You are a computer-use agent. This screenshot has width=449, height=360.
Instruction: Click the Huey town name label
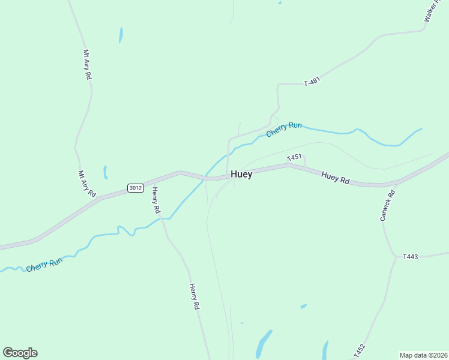pos(241,175)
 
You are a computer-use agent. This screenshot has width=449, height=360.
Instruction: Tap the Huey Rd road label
pos(336,178)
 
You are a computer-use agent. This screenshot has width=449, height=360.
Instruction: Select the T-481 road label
pos(312,82)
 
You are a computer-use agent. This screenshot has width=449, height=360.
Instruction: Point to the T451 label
pos(294,158)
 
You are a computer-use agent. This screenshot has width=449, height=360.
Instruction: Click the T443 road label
pos(411,257)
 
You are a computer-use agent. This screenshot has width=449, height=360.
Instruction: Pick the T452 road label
pos(360,350)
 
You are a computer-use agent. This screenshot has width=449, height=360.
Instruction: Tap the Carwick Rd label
pos(388,205)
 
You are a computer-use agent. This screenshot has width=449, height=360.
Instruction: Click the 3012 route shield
pos(135,188)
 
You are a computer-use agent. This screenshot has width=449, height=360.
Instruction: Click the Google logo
pos(20,353)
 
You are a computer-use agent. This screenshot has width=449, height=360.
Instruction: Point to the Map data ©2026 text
pos(423,355)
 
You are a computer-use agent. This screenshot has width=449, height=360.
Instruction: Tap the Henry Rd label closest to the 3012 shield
pos(155,200)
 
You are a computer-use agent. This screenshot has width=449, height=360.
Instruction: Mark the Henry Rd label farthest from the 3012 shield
pos(194,296)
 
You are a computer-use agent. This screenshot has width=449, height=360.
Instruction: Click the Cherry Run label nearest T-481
pos(284,128)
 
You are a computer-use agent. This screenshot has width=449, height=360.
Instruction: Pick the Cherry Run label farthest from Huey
pos(44,265)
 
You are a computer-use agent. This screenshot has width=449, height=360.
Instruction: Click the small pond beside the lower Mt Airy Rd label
pos(105,173)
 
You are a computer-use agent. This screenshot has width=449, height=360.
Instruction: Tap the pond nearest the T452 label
pos(325,348)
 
